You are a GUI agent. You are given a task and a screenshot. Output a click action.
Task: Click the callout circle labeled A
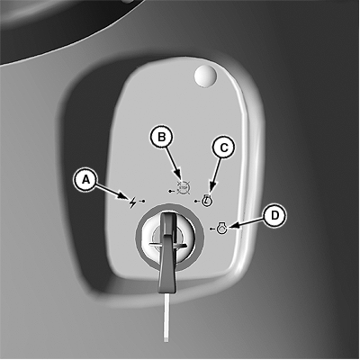(x=85, y=179)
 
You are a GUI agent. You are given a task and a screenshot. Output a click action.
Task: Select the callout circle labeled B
(x=161, y=138)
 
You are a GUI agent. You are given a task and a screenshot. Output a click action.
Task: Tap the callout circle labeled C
(x=224, y=148)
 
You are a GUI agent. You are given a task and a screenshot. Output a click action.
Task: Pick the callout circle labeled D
(x=274, y=216)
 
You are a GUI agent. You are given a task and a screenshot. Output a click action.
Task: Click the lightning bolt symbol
(x=132, y=202)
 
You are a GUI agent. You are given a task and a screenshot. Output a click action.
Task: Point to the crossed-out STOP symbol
(x=183, y=188)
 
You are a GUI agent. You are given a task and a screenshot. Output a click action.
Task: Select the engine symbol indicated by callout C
(x=207, y=200)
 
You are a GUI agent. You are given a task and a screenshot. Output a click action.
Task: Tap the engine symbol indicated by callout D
(x=221, y=229)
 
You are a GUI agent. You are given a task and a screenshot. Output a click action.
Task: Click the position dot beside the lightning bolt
(x=142, y=200)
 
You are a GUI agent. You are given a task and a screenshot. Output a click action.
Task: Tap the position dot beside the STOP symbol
(x=171, y=191)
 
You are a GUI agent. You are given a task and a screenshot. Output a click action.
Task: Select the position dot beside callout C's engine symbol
(x=197, y=201)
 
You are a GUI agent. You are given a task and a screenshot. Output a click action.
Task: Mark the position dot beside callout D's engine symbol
(x=211, y=229)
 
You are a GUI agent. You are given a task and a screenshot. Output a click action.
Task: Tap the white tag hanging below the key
(x=166, y=318)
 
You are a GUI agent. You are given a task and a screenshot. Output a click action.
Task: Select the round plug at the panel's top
(x=205, y=76)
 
